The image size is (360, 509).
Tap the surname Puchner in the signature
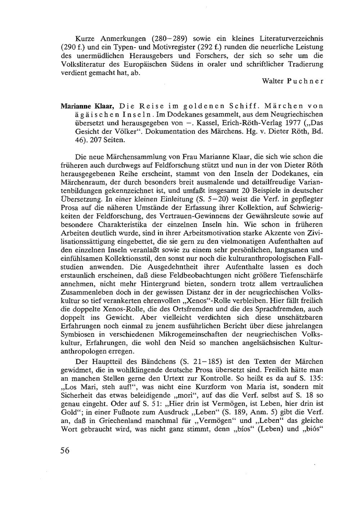tap(307, 81)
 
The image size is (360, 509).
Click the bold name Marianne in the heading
tap(74, 106)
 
